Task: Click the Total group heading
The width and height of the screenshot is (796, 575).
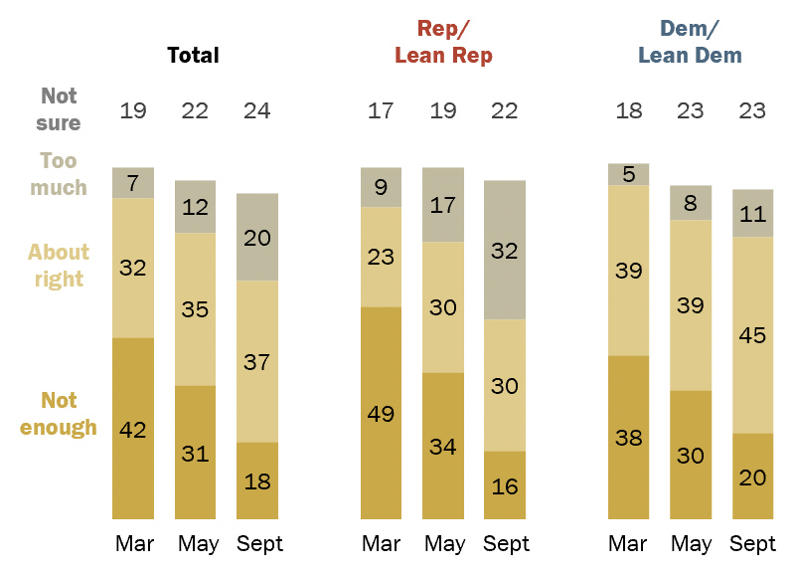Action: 193,55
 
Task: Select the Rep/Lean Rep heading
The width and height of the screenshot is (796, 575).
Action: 443,43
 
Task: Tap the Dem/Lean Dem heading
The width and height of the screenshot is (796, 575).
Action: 690,43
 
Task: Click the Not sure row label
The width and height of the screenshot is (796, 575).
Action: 60,109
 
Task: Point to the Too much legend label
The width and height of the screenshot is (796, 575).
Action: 59,174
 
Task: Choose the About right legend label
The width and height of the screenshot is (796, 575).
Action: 59,266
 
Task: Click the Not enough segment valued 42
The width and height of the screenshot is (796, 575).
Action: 133,428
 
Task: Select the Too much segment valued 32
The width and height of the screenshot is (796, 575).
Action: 505,250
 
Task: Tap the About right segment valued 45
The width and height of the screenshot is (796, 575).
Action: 752,334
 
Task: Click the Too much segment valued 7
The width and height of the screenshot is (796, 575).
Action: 133,183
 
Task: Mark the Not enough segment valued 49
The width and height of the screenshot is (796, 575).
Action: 382,413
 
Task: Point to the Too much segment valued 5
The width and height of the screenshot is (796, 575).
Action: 628,174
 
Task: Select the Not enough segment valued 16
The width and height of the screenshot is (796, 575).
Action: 505,484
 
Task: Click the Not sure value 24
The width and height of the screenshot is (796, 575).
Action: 256,110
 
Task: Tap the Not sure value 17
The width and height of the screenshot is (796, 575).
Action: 382,110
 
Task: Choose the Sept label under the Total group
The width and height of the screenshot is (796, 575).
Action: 257,544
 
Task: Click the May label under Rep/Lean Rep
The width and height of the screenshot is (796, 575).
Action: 443,544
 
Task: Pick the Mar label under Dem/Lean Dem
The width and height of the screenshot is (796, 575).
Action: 628,544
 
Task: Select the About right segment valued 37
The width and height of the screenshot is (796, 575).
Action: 256,361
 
